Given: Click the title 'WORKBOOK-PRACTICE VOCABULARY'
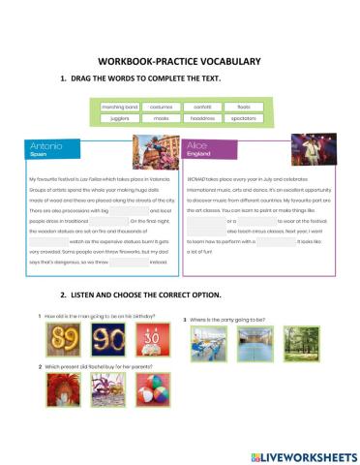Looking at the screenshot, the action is [x=180, y=61].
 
